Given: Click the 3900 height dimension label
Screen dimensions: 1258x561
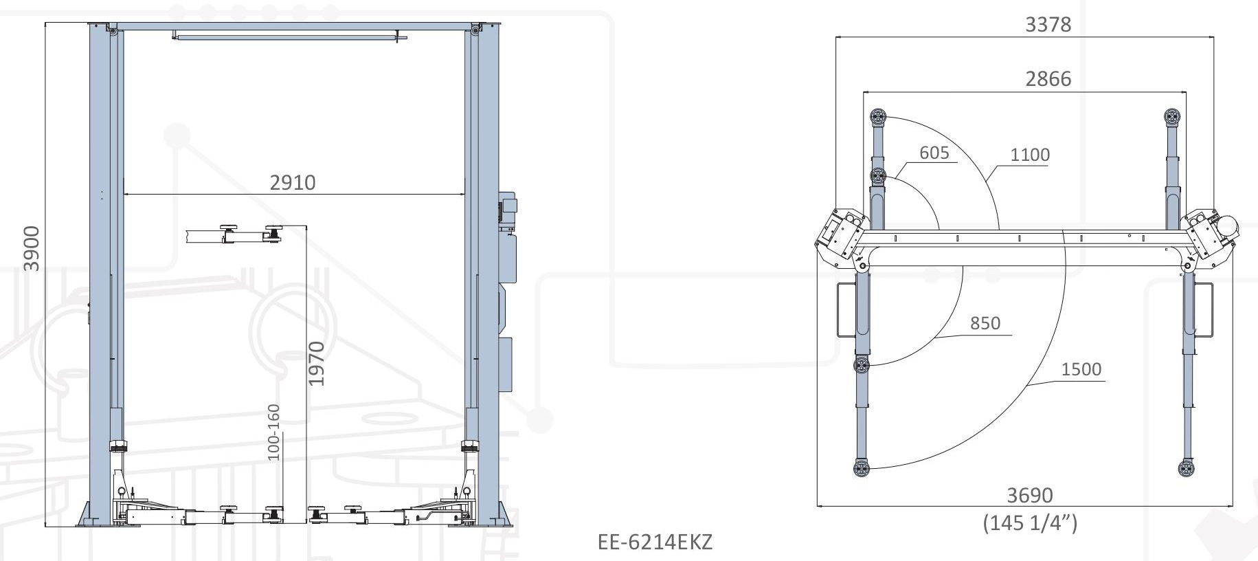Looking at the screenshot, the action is [32, 248].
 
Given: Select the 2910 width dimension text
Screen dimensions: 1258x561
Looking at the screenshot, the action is [293, 182].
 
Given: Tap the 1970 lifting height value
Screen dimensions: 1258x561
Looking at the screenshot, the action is [315, 364].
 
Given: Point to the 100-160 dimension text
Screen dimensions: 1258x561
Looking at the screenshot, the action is [273, 432].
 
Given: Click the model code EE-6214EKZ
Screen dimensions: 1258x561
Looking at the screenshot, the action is [655, 542].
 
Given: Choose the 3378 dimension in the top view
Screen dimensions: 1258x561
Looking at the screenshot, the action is [1048, 25].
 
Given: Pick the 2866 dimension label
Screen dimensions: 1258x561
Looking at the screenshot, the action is [1048, 79].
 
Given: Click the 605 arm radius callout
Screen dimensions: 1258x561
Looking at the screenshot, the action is [934, 153].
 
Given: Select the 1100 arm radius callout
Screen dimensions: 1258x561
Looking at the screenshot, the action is [1030, 155].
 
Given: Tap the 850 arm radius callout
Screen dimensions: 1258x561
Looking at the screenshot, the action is [985, 323].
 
